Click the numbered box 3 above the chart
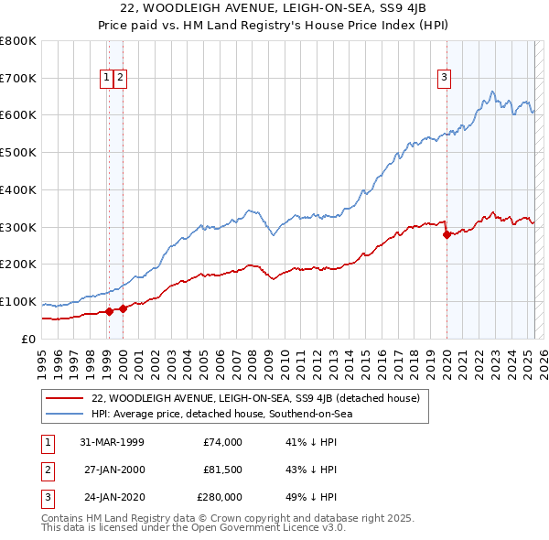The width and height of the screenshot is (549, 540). [x=444, y=79]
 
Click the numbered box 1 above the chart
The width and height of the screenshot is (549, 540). [x=107, y=79]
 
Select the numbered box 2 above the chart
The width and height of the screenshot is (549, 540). [x=121, y=79]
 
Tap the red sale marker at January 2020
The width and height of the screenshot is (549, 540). [x=447, y=234]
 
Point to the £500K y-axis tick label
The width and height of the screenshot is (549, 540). [x=18, y=153]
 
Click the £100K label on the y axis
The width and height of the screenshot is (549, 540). [x=18, y=302]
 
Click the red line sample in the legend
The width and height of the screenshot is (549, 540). [x=65, y=398]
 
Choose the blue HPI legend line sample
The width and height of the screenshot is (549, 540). [x=65, y=414]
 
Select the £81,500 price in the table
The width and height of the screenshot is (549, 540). [x=222, y=470]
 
